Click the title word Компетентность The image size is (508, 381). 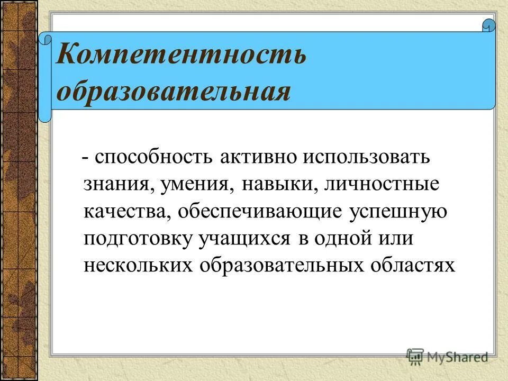(181, 55)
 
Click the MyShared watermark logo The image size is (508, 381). (447, 357)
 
